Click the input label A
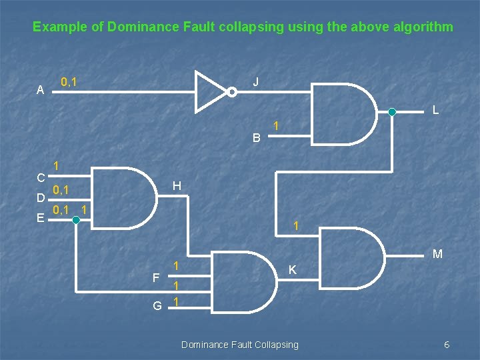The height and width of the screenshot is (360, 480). tap(41, 90)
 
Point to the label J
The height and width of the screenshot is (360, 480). tap(256, 82)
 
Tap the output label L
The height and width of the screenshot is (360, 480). tap(435, 110)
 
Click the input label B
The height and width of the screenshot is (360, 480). tap(257, 139)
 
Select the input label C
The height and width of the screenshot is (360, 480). tap(41, 178)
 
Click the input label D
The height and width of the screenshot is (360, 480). tap(41, 198)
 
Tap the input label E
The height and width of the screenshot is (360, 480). tap(41, 218)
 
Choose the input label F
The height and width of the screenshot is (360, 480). tap(156, 277)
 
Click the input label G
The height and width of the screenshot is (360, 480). tap(157, 305)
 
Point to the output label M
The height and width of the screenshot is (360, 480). tap(437, 254)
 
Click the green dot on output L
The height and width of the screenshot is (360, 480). tap(392, 112)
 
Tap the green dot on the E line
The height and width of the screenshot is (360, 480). tap(76, 219)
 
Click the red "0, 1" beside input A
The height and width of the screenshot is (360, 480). tap(68, 82)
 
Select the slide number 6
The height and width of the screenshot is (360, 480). tap(447, 344)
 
